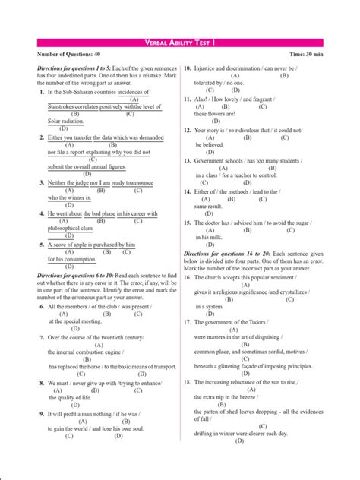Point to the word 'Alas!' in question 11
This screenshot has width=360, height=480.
pyautogui.click(x=202, y=99)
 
